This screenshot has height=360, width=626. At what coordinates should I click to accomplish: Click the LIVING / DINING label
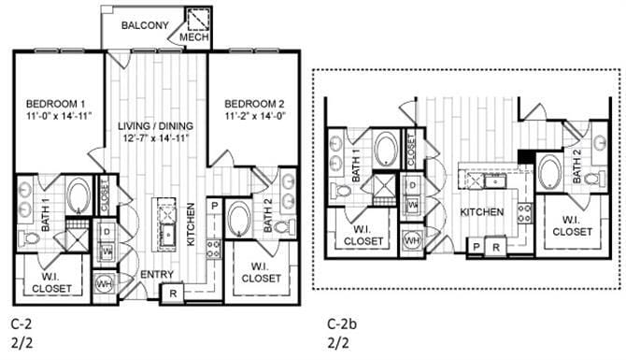(x=156, y=126)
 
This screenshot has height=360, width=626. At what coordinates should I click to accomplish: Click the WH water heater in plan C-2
(x=106, y=281)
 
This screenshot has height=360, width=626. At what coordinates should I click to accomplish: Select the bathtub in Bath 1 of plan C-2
(x=78, y=197)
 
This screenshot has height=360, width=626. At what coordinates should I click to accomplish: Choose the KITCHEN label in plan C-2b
(x=481, y=212)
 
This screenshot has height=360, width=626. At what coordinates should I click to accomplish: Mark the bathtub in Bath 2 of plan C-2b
(x=549, y=172)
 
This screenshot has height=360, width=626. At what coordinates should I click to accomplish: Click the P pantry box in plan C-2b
(x=477, y=247)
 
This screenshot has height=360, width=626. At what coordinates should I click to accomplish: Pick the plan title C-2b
(x=338, y=324)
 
